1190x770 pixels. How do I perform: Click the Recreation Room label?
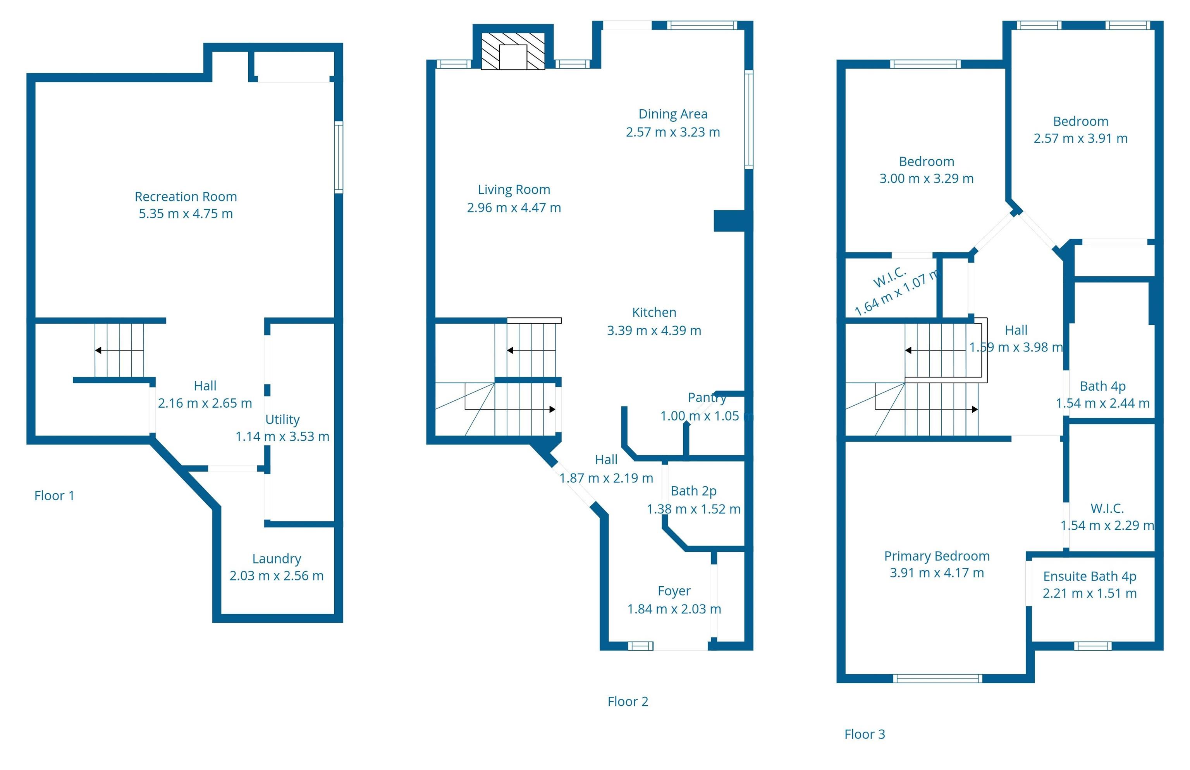186,196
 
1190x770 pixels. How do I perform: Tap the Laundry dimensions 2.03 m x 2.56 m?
276,575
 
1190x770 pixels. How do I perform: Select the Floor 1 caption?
54,496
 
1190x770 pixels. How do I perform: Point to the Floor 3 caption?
864,734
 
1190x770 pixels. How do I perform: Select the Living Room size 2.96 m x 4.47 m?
513,207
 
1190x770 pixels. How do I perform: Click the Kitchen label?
654,312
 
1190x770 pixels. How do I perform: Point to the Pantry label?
706,398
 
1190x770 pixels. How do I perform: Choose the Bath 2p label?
693,491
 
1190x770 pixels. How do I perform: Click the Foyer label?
674,591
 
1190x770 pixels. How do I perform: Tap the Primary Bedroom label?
936,556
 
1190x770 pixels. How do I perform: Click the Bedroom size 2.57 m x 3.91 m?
1080,138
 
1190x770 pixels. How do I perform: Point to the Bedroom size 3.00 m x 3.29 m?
926,179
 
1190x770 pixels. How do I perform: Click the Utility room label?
282,420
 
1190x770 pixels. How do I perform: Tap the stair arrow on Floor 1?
98,350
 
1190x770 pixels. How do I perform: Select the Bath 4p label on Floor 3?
1102,386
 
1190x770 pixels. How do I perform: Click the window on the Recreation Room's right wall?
338,157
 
